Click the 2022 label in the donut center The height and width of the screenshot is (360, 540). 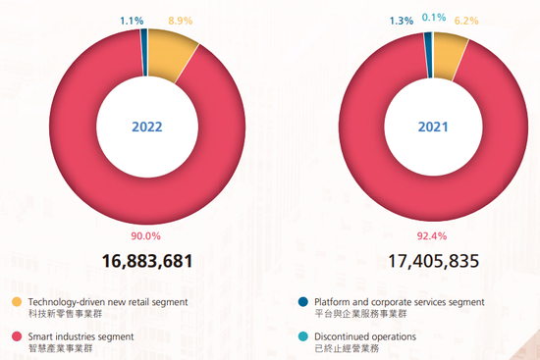point(146,127)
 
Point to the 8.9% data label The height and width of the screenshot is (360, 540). point(180,20)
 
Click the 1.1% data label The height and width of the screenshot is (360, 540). point(132,20)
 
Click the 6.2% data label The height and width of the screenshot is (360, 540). point(465,20)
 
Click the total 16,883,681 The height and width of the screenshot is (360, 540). point(146,261)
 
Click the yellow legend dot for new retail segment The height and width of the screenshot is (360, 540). point(16,302)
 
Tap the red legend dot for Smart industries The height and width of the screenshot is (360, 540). point(16,336)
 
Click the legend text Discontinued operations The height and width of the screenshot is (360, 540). point(365,336)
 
